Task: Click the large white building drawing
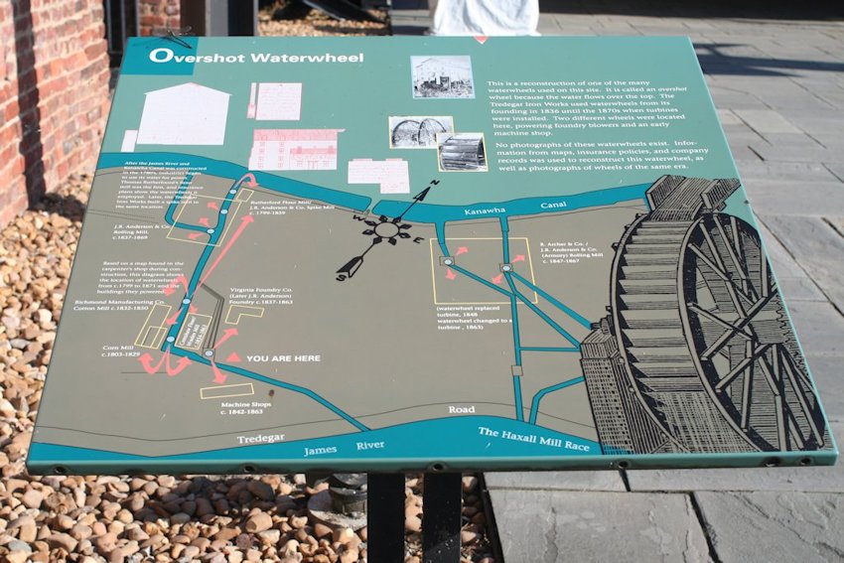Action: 182,116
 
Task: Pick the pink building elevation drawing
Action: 293,150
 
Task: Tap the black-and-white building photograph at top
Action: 442,76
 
